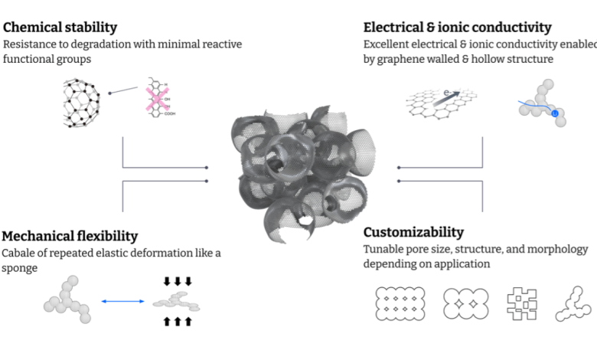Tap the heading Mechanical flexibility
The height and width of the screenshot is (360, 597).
(x=70, y=235)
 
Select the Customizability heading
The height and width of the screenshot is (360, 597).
(x=413, y=232)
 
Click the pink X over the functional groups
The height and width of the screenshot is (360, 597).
(x=159, y=100)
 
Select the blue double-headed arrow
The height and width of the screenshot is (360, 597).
(x=122, y=301)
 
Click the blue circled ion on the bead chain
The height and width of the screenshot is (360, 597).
(x=556, y=114)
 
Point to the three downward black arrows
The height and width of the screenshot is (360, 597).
(x=178, y=281)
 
